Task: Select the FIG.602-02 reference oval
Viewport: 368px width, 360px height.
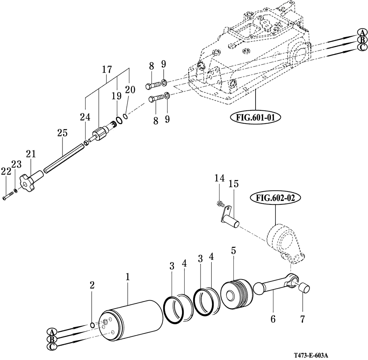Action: [x=275, y=198]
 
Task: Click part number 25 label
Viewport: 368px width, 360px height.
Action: [x=62, y=133]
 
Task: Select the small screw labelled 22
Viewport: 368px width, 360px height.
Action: [x=8, y=195]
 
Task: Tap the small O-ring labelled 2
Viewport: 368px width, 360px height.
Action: [x=92, y=325]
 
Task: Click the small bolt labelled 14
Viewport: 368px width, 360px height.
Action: [x=220, y=204]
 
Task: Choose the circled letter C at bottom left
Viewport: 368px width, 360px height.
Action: [x=52, y=347]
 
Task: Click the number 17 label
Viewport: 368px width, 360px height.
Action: [x=107, y=69]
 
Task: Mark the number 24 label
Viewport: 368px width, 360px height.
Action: [x=85, y=117]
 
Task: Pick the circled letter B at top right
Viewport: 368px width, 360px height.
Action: [x=362, y=40]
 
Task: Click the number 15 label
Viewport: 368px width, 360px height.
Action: [x=233, y=184]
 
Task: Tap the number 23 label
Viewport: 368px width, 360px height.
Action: [x=16, y=165]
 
